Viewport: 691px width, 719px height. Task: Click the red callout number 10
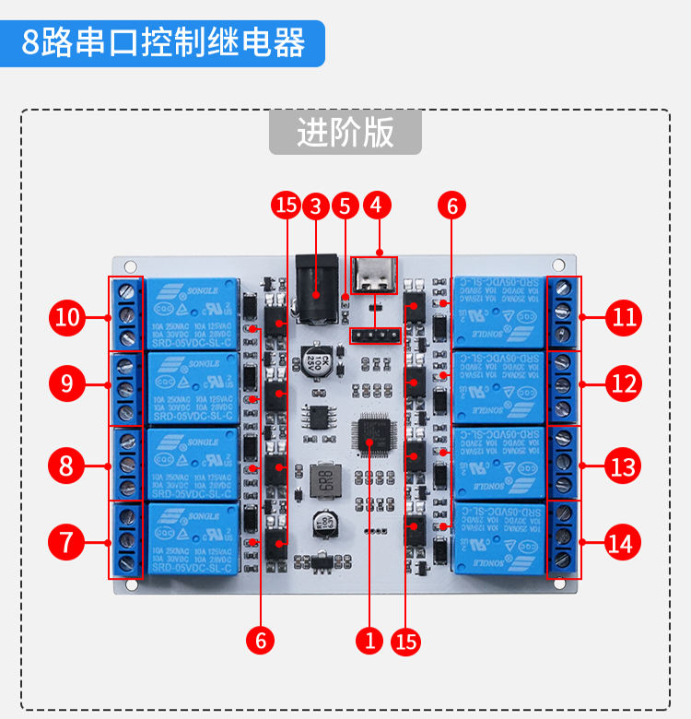click(67, 318)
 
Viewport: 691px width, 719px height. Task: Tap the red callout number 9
click(66, 383)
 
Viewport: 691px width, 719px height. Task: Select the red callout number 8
click(66, 466)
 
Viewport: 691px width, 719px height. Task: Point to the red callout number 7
click(66, 542)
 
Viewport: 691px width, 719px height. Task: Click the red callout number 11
click(625, 318)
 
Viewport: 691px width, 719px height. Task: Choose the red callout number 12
click(625, 382)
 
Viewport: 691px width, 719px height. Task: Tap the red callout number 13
click(625, 466)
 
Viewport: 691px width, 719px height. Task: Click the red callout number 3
click(315, 206)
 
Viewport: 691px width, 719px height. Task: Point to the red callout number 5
click(345, 206)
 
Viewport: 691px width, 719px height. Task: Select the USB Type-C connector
click(375, 276)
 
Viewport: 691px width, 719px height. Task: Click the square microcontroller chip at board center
click(372, 433)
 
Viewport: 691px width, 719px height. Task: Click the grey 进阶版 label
click(345, 133)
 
